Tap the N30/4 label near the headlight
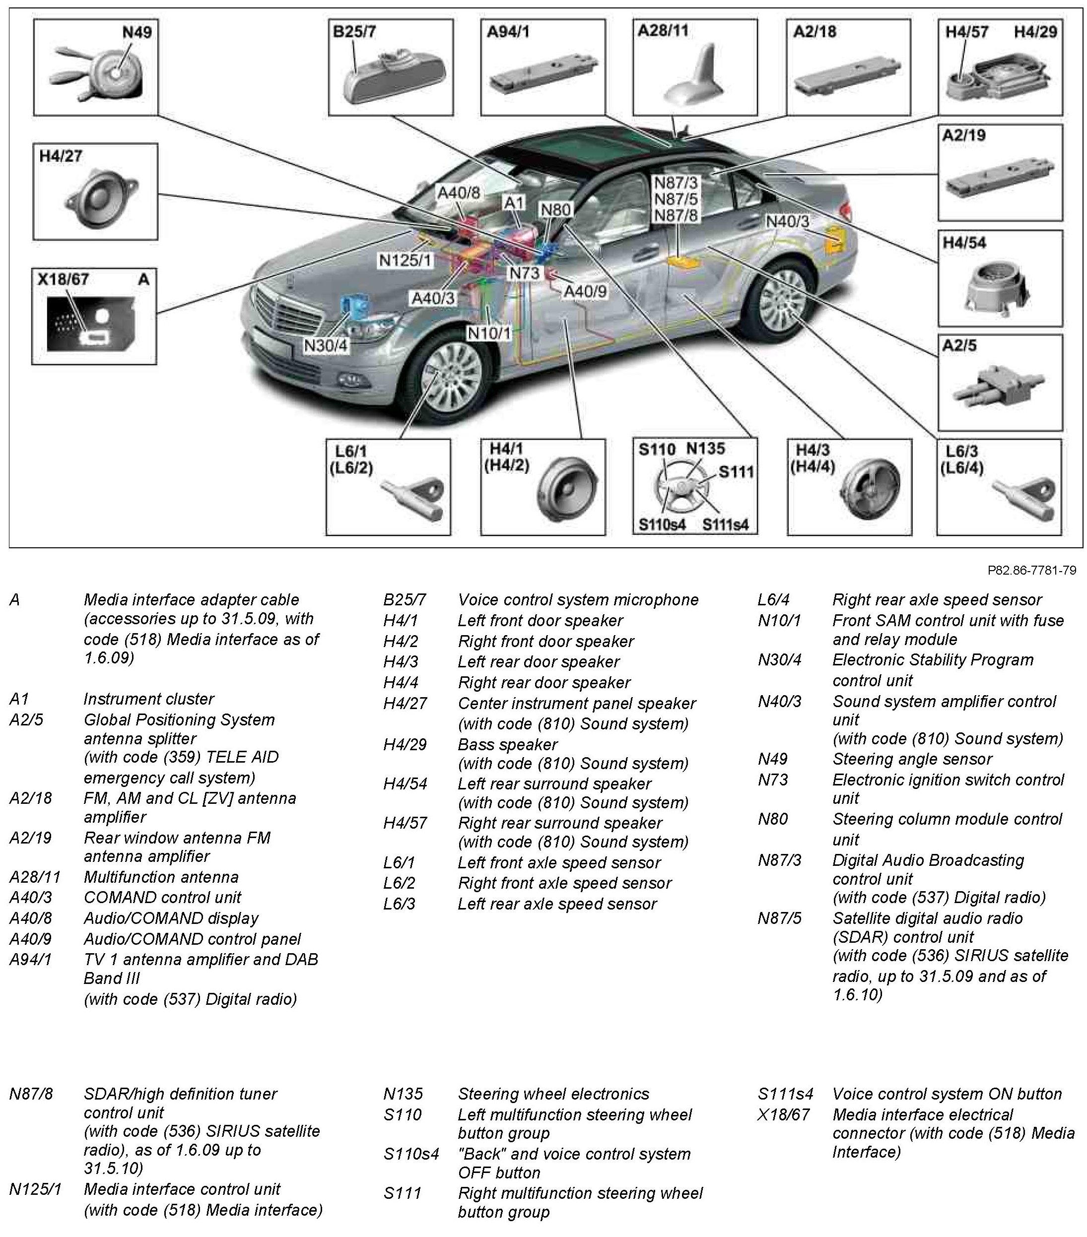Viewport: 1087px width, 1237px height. click(x=326, y=345)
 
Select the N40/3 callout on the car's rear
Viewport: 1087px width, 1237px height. click(x=787, y=221)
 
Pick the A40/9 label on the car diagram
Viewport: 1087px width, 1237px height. click(x=585, y=292)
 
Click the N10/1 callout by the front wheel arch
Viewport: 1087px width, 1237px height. click(x=489, y=333)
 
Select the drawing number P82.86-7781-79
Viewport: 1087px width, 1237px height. click(x=1031, y=570)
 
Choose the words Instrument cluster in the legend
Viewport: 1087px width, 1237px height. click(x=148, y=699)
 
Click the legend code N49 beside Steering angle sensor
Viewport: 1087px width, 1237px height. click(x=772, y=759)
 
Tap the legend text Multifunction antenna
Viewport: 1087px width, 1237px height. click(x=161, y=877)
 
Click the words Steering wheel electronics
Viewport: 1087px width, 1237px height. click(x=553, y=1094)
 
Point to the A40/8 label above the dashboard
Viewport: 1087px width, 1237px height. click(x=458, y=193)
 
